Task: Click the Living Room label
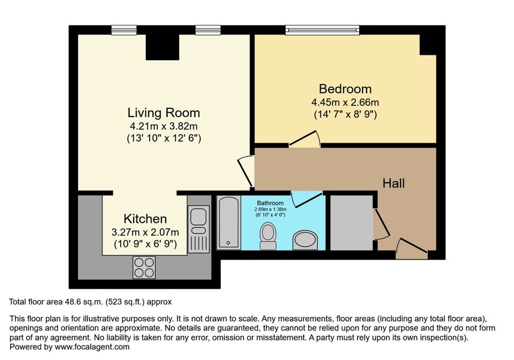164,113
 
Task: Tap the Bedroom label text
345,89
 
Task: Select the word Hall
393,183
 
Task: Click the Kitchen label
145,218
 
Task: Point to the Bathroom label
270,203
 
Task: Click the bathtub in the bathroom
229,222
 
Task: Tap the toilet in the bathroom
268,235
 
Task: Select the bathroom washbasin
305,240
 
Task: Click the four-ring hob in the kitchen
144,267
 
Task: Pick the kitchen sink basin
198,217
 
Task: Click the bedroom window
322,30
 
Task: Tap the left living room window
124,30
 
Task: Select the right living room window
208,30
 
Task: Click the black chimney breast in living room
162,47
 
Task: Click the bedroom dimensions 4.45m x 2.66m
345,103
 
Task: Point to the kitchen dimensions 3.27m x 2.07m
145,232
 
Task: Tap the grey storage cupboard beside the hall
351,223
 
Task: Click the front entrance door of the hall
412,250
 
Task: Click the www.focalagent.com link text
92,347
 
